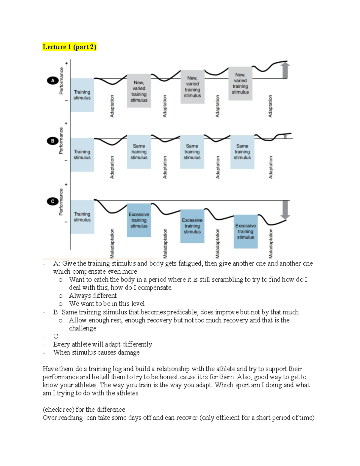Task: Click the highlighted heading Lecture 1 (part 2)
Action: click(69, 47)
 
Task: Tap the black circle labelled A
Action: click(53, 80)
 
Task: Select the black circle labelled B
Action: click(53, 141)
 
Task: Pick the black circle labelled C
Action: click(53, 201)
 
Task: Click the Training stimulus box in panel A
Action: click(82, 95)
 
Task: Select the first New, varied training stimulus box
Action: click(139, 91)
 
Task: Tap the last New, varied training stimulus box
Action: click(240, 83)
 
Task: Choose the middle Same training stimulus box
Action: click(192, 152)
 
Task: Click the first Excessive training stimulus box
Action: click(139, 220)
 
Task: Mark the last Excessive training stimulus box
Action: click(246, 231)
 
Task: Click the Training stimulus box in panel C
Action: click(82, 217)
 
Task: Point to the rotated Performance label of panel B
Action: click(61, 140)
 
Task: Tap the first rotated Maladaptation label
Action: click(112, 243)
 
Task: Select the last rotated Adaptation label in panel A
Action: click(270, 106)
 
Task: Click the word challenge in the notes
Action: click(83, 328)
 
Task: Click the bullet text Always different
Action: click(93, 296)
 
